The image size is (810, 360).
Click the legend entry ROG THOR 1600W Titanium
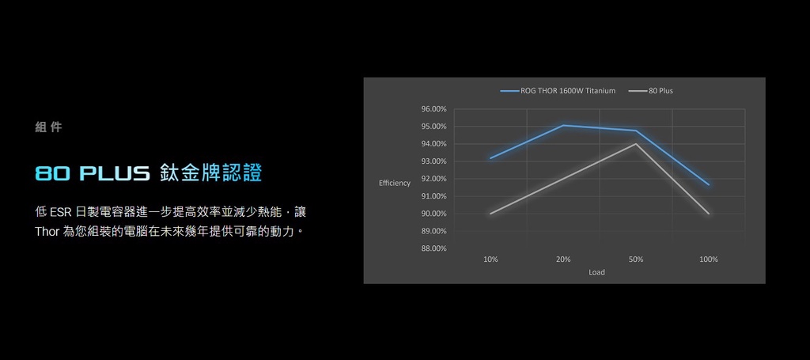click(x=558, y=91)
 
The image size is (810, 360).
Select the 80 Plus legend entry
click(x=651, y=91)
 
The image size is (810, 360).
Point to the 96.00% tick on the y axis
click(x=434, y=109)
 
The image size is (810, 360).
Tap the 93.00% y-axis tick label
click(x=434, y=161)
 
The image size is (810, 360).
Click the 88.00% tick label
click(x=434, y=248)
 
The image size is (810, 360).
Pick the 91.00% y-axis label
click(x=434, y=196)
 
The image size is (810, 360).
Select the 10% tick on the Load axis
click(x=490, y=260)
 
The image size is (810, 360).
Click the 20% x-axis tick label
click(x=563, y=260)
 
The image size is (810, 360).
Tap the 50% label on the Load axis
click(x=636, y=260)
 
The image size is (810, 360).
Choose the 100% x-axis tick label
click(x=709, y=260)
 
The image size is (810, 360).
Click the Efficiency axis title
click(x=395, y=184)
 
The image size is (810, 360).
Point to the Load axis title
click(x=596, y=272)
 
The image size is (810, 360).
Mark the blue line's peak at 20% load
click(x=563, y=125)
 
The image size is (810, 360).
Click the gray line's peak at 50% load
click(x=636, y=143)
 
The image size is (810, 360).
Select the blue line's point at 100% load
click(x=709, y=184)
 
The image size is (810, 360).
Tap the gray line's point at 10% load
click(x=490, y=214)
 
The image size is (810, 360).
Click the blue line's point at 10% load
click(x=490, y=158)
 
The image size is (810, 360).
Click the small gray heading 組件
click(x=48, y=127)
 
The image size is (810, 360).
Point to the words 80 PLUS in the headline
click(x=92, y=173)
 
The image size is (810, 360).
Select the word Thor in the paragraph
click(x=47, y=231)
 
